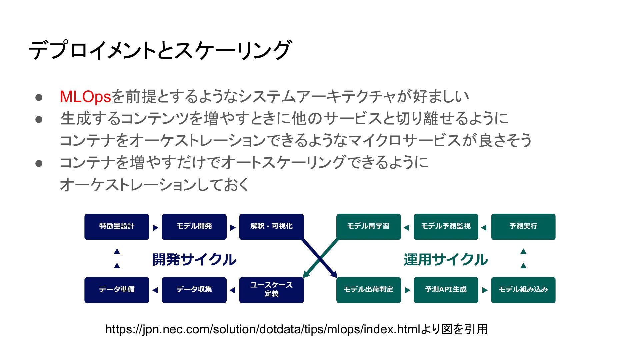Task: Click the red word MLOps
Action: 85,97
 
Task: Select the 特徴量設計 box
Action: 117,227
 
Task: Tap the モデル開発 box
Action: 194,227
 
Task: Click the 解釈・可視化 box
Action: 272,227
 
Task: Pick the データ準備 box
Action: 117,290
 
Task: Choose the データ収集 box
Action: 194,290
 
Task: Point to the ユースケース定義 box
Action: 272,290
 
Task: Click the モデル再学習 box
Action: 369,227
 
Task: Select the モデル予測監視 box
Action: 446,227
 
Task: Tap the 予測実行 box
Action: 523,227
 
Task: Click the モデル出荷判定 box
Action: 369,290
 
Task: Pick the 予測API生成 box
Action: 446,290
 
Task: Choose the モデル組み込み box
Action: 523,290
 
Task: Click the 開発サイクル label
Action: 194,260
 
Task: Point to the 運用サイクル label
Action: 446,260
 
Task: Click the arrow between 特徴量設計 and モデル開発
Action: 156,228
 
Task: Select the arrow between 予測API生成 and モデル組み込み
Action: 485,290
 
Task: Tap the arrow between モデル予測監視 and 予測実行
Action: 484,228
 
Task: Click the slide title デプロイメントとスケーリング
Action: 160,50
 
